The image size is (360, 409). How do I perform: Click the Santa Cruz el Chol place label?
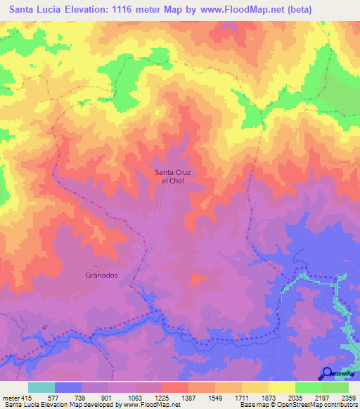click(173, 176)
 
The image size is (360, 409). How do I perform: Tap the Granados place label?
click(103, 276)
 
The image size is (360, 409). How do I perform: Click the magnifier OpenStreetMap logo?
click(327, 373)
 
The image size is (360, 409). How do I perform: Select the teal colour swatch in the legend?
click(41, 388)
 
